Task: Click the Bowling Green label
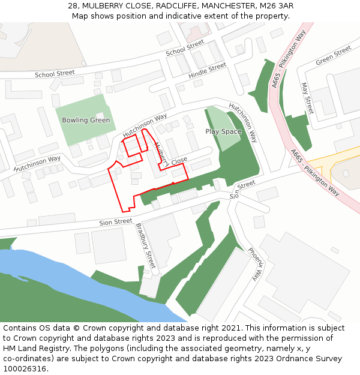(86, 120)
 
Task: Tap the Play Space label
(223, 131)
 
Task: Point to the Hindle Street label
(207, 71)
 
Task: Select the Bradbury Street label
(146, 245)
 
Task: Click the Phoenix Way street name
(256, 263)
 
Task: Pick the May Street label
(307, 98)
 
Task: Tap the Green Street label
(333, 55)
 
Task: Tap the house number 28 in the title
(73, 5)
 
